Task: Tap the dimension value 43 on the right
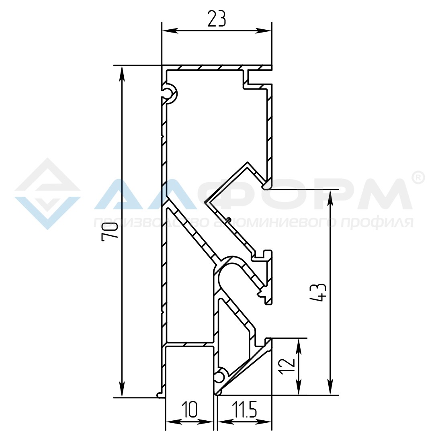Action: pyautogui.click(x=318, y=292)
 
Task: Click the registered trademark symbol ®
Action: pyautogui.click(x=418, y=178)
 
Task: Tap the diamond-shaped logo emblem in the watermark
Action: pyautogui.click(x=47, y=194)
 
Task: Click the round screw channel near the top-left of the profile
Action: pyautogui.click(x=169, y=94)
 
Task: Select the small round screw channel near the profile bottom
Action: pyautogui.click(x=220, y=377)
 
